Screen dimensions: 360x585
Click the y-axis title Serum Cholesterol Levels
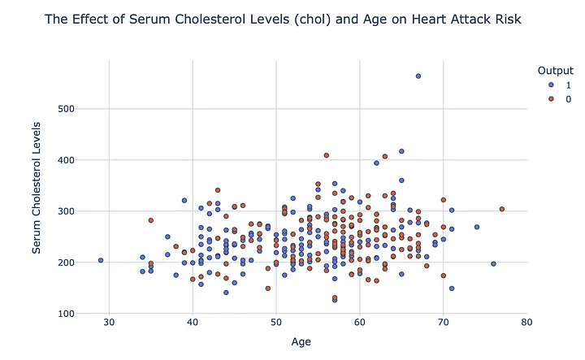[x=37, y=189]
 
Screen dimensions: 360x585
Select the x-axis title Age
[x=302, y=342]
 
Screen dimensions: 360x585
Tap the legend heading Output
[x=551, y=70]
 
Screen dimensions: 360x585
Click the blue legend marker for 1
[x=551, y=85]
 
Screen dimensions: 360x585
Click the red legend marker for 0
[x=551, y=98]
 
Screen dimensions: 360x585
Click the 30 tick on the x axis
[x=109, y=323]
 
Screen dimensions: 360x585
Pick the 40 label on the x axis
[x=193, y=323]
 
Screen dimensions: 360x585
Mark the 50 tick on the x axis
[x=276, y=323]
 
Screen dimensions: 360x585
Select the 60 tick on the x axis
[x=360, y=323]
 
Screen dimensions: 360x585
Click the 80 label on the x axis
[x=526, y=323]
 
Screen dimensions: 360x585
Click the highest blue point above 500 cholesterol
[x=418, y=76]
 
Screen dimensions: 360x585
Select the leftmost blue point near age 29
[x=101, y=261]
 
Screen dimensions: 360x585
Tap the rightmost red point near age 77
[x=502, y=210]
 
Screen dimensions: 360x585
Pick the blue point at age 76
[x=493, y=264]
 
